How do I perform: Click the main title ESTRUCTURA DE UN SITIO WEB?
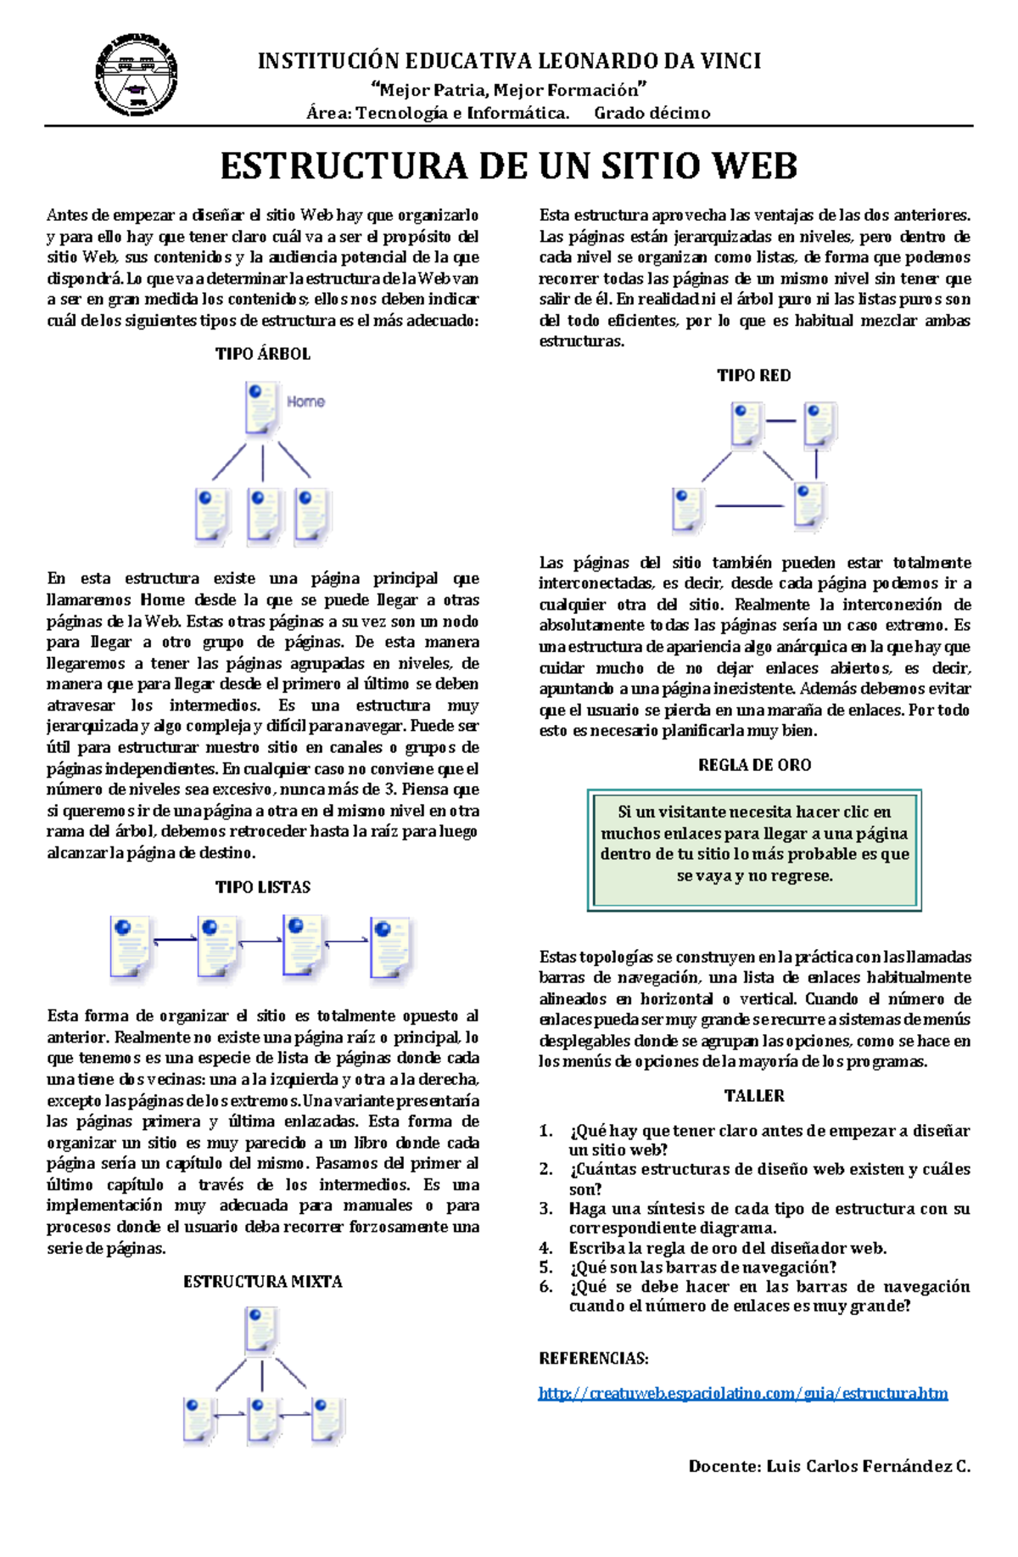click(x=509, y=166)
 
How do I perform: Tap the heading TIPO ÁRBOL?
click(x=263, y=354)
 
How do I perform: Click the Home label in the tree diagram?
click(x=305, y=402)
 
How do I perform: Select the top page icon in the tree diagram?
click(x=261, y=408)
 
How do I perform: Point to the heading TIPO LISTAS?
click(x=263, y=887)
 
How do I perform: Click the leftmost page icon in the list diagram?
click(x=131, y=947)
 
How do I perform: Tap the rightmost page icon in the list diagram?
click(x=391, y=949)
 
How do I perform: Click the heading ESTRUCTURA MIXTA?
click(x=263, y=1281)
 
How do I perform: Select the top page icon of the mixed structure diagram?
click(x=260, y=1329)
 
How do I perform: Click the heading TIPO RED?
click(x=753, y=375)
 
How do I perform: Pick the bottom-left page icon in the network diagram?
click(x=688, y=509)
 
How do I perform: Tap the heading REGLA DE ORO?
click(x=754, y=765)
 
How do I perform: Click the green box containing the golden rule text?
click(x=754, y=850)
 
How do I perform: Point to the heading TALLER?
click(x=754, y=1095)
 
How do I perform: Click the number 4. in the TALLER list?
click(x=546, y=1248)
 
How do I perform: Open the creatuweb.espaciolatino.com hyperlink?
click(x=743, y=1393)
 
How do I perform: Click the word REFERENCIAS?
click(x=593, y=1358)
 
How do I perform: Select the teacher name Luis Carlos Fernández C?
click(x=868, y=1466)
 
